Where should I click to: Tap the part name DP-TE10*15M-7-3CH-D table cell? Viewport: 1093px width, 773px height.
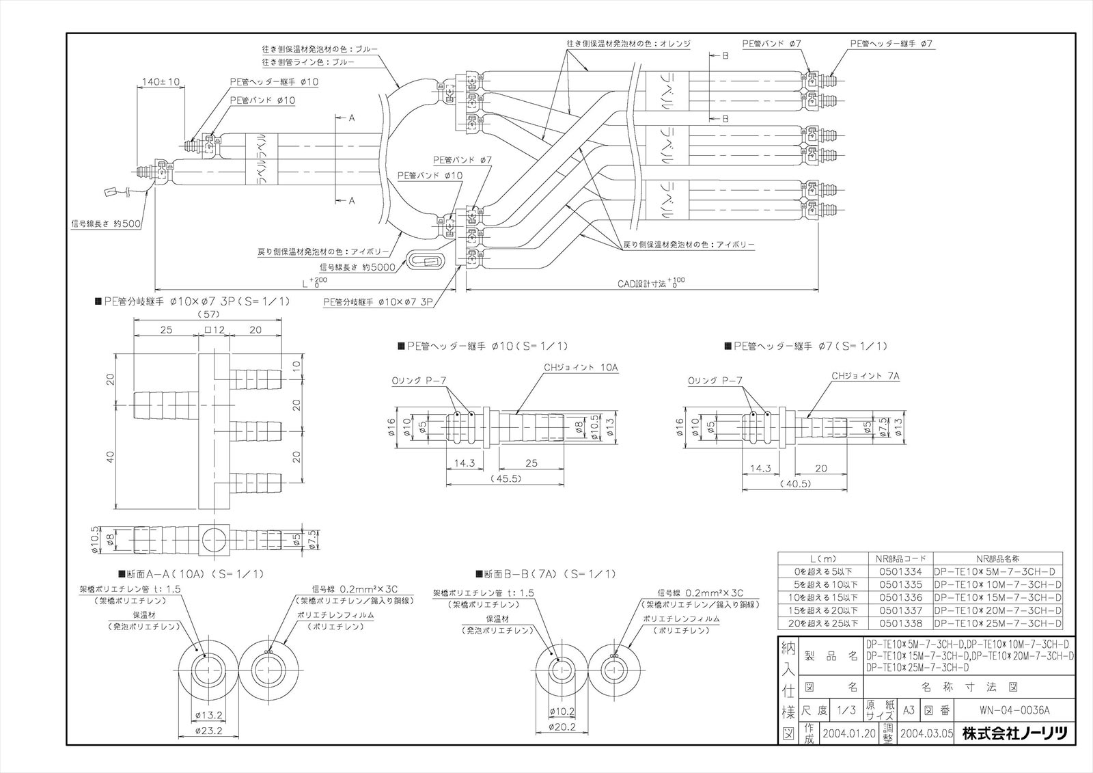pyautogui.click(x=998, y=597)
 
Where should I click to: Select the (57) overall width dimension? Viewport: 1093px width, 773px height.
pyautogui.click(x=210, y=316)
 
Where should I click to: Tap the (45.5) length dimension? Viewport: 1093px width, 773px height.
pyautogui.click(x=506, y=478)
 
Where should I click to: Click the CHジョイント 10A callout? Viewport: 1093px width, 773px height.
pyautogui.click(x=581, y=367)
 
